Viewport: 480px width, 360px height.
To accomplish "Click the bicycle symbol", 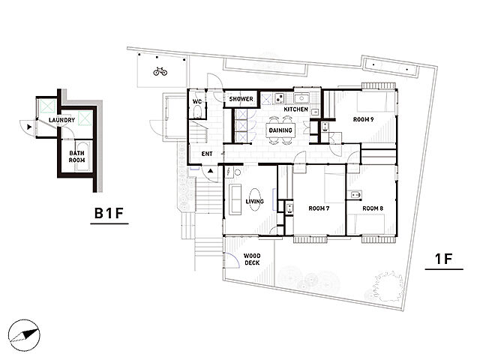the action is pyautogui.click(x=160, y=72).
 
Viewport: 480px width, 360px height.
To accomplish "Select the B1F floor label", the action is pyautogui.click(x=109, y=213).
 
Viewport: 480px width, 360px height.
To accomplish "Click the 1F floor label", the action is pyautogui.click(x=444, y=259).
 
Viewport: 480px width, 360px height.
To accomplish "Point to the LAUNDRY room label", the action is pyautogui.click(x=61, y=120).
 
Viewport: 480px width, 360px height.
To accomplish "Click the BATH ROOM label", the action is pyautogui.click(x=76, y=157).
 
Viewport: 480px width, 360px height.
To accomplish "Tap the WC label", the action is pyautogui.click(x=197, y=101).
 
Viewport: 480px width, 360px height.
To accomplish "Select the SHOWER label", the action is pyautogui.click(x=241, y=99).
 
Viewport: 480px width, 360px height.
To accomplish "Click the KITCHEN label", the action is pyautogui.click(x=295, y=109).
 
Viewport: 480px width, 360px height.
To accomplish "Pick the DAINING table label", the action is pyautogui.click(x=280, y=130).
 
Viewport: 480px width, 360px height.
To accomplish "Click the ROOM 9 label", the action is pyautogui.click(x=363, y=119).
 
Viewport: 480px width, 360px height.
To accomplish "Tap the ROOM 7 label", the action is pyautogui.click(x=319, y=208).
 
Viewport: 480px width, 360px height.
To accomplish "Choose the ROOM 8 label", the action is pyautogui.click(x=373, y=208).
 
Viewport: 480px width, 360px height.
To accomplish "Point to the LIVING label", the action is pyautogui.click(x=255, y=202).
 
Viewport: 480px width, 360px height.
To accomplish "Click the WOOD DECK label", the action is pyautogui.click(x=252, y=259).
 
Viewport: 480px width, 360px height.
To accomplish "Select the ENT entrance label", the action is pyautogui.click(x=207, y=154).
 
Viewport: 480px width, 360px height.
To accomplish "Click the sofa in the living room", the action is pyautogui.click(x=235, y=199).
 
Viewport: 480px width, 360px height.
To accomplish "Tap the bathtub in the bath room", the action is pyautogui.click(x=82, y=156).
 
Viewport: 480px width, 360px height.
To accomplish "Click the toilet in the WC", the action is pyautogui.click(x=197, y=112).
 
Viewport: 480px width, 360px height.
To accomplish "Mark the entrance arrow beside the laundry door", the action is pyautogui.click(x=29, y=127).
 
